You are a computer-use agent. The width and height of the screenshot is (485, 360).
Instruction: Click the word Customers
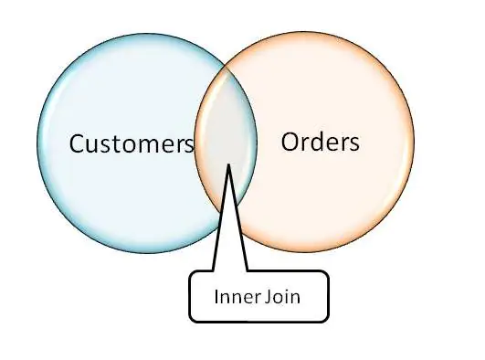132,144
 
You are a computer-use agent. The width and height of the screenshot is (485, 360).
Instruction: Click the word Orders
320,142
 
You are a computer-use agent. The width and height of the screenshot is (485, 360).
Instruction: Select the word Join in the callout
282,297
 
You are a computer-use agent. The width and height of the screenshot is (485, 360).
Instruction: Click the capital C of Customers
79,144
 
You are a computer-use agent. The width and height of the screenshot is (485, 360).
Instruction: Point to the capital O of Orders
291,142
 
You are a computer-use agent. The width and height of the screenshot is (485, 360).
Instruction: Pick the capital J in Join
269,297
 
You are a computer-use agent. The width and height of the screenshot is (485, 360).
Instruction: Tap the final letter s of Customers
187,146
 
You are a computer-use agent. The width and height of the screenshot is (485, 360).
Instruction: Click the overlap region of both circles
227,146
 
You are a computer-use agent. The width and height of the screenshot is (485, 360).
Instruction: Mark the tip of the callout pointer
228,164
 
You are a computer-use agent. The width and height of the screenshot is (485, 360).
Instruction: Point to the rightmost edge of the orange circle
415,146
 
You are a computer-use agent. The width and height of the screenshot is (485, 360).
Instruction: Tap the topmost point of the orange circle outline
304,37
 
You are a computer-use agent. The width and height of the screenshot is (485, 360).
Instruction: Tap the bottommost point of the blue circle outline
148,255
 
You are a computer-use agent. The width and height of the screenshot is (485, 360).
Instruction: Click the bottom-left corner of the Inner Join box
191,320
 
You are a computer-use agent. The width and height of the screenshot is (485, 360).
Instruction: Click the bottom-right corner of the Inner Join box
326,320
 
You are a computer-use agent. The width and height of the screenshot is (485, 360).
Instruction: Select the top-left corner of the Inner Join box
191,272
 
